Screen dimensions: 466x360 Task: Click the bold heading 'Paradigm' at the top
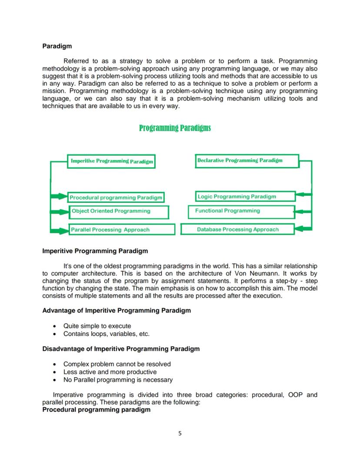pos(57,46)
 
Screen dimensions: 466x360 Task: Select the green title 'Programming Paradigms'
pos(175,127)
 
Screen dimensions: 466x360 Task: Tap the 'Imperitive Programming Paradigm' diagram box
pos(111,161)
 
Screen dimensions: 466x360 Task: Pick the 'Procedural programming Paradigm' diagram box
pos(116,198)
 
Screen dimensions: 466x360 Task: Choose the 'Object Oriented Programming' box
pos(119,212)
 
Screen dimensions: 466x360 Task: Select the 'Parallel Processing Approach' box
pos(121,229)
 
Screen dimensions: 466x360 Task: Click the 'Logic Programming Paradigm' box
pos(246,197)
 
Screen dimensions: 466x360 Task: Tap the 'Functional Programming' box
pos(241,211)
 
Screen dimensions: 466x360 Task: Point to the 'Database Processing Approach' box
pos(237,229)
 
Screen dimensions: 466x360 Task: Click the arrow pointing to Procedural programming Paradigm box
pos(59,197)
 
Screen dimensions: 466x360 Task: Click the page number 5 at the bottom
pos(180,433)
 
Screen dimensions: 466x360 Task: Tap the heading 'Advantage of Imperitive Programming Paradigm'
pos(117,311)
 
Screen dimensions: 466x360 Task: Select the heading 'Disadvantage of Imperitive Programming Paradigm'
pos(121,349)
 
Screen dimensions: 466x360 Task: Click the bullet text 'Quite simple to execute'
pos(97,326)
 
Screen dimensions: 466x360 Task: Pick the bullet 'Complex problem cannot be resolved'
pos(117,364)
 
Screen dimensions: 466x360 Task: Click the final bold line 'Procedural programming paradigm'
pos(96,410)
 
